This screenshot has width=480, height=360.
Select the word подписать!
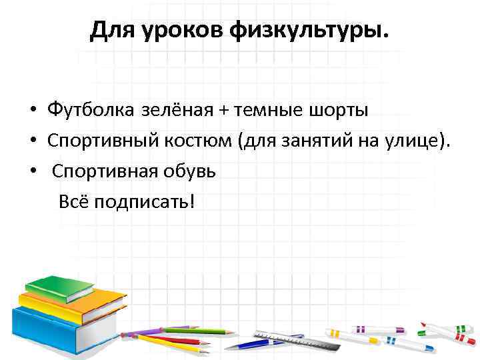point(145,201)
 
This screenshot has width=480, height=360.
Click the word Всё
point(73,201)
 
